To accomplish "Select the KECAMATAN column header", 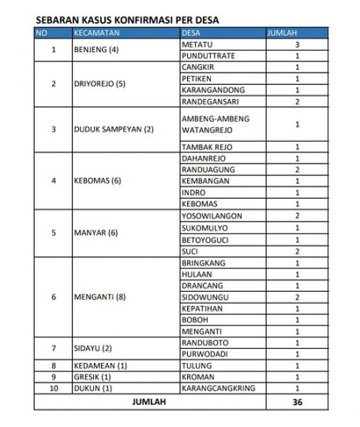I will coord(97,33).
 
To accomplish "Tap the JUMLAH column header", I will coord(282,33).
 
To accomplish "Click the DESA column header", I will coord(191,33).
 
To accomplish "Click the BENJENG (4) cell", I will coord(96,50).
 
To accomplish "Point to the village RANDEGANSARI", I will coord(212,101).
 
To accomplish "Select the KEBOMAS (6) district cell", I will coord(97,181).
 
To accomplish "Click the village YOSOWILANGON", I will coord(213,216).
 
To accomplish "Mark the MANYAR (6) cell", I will coord(96,233).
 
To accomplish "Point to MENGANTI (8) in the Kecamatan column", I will coord(100,297).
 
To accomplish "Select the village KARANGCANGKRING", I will coord(218,389).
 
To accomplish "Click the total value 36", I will coord(297,401).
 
